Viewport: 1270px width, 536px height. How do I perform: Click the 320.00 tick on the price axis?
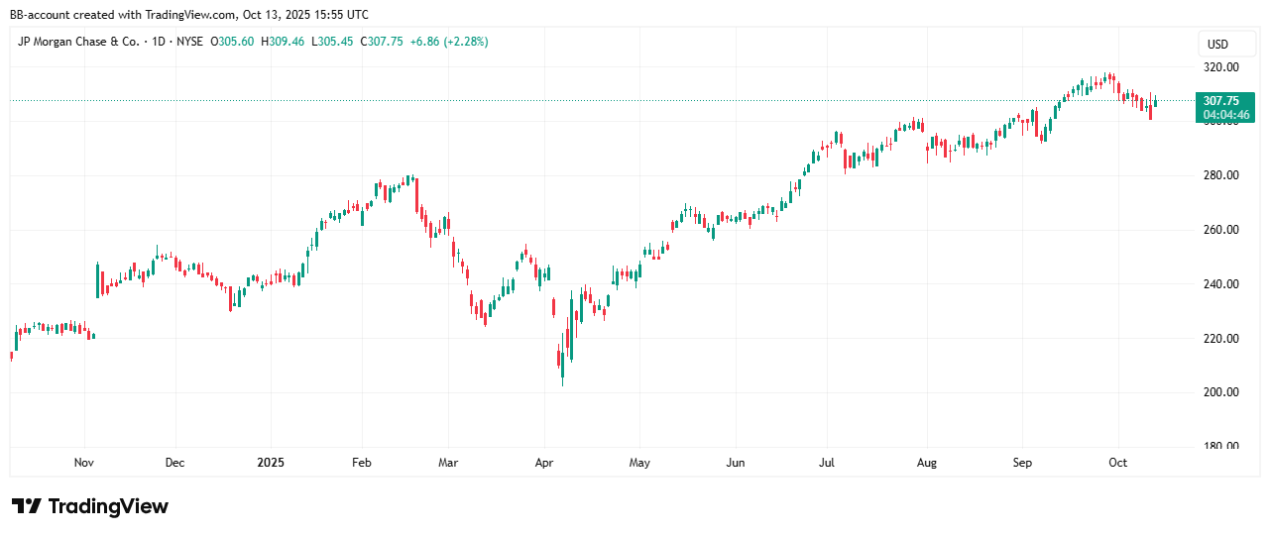(1220, 67)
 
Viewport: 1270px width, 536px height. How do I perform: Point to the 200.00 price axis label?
(1220, 392)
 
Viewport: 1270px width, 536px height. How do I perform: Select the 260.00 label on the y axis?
(1220, 230)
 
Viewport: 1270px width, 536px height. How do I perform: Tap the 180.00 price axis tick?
(1220, 446)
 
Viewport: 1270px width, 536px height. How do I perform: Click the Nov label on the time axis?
(84, 463)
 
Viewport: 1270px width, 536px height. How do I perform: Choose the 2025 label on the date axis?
(271, 463)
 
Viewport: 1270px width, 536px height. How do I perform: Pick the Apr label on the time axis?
(543, 463)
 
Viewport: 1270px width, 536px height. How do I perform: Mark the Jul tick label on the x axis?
(829, 463)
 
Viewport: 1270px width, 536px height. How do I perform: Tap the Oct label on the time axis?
(1117, 463)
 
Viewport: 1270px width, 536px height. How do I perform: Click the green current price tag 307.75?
(1220, 101)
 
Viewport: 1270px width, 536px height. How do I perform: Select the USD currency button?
(1217, 45)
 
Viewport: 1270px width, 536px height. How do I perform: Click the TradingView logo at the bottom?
(90, 506)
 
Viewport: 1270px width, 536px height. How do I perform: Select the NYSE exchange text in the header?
(191, 42)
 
